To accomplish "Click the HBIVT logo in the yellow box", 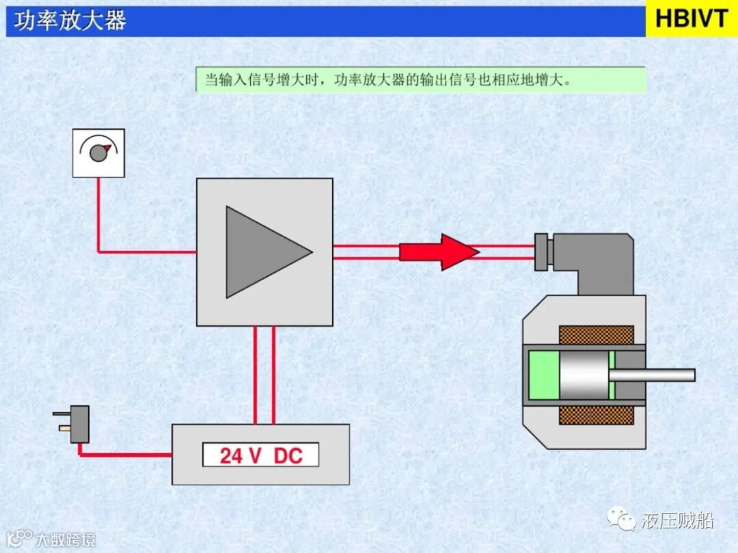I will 692,18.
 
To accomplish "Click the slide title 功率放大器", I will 70,21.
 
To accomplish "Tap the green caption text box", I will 420,79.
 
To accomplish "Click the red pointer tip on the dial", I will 107,147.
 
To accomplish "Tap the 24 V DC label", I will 260,455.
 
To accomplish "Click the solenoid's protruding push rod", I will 652,375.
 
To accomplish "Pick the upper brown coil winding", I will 596,335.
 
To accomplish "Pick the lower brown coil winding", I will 596,415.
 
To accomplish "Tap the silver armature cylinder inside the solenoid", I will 584,375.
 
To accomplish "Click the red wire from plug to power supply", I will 123,454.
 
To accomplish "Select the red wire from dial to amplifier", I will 100,226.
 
